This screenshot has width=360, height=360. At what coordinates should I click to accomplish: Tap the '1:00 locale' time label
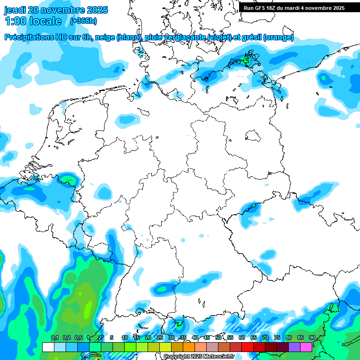33,21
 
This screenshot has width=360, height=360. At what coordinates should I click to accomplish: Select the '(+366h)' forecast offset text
83,21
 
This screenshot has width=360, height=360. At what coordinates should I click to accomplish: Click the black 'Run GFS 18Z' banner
294,7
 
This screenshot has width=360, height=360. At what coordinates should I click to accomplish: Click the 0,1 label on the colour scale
54,338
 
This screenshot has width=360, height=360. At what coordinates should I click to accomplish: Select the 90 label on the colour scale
312,338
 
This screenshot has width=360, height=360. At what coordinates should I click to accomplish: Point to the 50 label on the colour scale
218,338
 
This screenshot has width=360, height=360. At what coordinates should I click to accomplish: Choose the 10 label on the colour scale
125,338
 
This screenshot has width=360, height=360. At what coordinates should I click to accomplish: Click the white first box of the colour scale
48,347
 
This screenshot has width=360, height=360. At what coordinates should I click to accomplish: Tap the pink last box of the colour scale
306,347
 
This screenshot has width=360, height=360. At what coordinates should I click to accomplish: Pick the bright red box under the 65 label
247,347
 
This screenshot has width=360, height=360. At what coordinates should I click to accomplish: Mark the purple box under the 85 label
294,347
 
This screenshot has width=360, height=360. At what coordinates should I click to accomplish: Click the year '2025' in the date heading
94,10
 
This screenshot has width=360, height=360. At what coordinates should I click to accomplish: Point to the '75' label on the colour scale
277,338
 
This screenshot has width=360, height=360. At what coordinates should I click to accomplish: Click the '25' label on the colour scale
160,338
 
